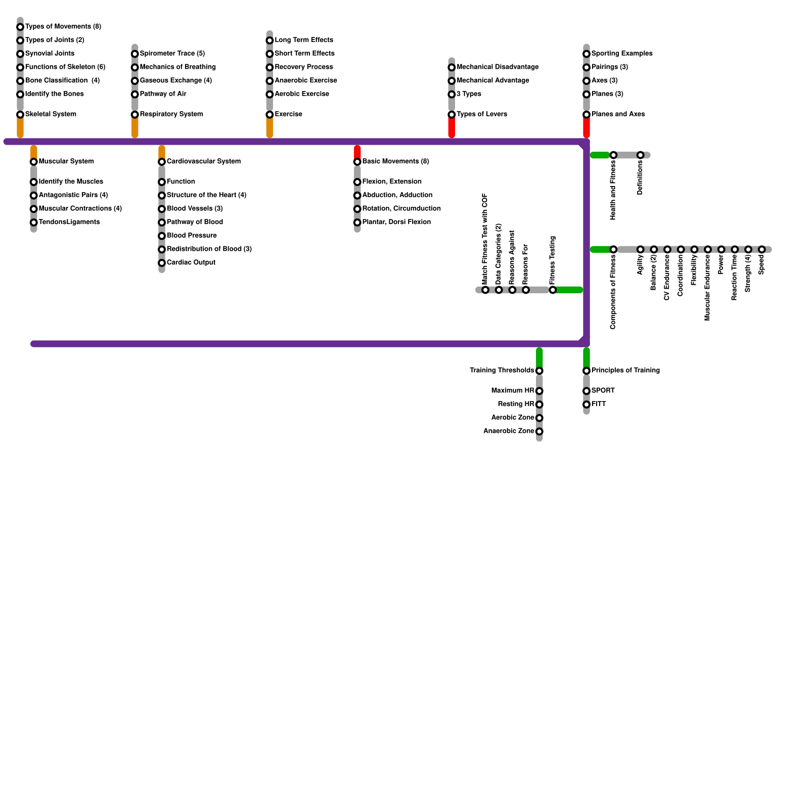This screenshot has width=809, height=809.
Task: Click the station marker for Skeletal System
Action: (20, 115)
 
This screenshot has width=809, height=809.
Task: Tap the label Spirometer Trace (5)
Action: (172, 54)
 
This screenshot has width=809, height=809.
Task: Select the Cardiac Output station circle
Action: (162, 263)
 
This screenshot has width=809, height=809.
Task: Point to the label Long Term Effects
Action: (303, 40)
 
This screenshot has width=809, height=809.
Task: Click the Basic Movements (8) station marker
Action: (357, 162)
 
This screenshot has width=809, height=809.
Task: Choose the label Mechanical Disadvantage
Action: (497, 67)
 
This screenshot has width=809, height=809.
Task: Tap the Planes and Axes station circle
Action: (587, 115)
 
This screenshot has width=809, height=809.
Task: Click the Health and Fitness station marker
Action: (613, 155)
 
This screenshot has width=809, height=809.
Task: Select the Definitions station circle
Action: (641, 155)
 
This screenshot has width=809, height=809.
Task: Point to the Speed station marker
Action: (762, 250)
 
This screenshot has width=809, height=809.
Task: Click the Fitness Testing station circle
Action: (553, 290)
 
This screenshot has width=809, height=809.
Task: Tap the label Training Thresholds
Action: (502, 371)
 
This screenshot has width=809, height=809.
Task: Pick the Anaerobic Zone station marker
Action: (540, 432)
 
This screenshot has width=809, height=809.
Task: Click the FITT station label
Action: (599, 404)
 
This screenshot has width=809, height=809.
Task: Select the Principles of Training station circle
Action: (587, 371)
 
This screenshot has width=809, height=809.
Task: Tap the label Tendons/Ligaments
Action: (69, 222)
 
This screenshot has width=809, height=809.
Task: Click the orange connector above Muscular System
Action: (34, 152)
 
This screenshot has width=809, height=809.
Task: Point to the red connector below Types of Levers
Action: (452, 128)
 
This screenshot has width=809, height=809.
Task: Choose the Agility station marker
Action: (641, 250)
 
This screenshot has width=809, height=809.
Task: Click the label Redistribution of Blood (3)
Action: (209, 249)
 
